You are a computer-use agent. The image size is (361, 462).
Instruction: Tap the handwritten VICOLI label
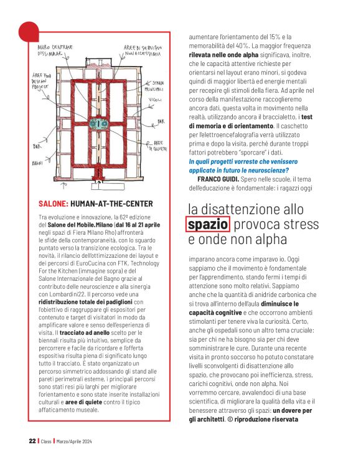tap(155, 100)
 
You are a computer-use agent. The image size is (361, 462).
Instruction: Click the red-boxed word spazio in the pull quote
tap(209, 224)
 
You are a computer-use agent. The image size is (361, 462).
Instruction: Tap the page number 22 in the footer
tap(32, 441)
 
